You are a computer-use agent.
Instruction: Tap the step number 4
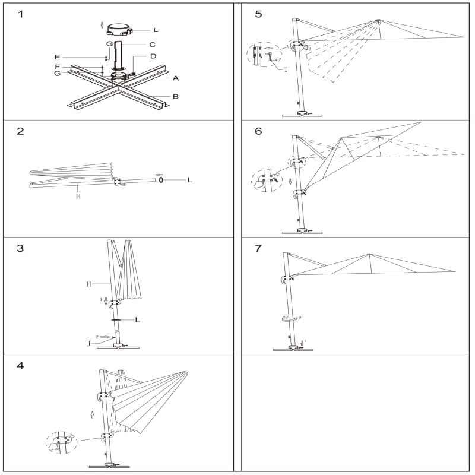point(21,365)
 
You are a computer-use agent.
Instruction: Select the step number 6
point(258,131)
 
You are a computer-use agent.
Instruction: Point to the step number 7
point(258,248)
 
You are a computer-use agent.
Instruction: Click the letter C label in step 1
point(153,45)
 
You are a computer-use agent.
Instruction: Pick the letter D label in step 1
point(153,56)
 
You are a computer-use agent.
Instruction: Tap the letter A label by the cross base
point(176,78)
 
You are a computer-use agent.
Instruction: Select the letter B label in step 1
point(176,96)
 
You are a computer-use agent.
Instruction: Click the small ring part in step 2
point(161,180)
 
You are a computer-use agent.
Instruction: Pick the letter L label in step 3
point(138,320)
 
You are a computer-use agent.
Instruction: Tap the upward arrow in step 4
point(91,414)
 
